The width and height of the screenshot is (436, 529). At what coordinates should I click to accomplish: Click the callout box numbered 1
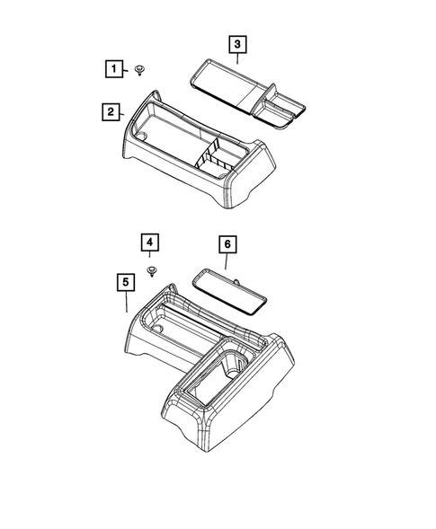coord(113,68)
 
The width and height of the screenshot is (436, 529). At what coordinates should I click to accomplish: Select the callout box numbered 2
coord(110,111)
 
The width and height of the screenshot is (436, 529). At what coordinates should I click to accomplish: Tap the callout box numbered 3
coord(236,43)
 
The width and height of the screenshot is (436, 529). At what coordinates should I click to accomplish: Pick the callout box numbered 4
coord(150,242)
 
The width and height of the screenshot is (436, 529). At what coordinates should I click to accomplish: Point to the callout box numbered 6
coord(227,243)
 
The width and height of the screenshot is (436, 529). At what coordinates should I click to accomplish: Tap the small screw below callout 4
coord(151,269)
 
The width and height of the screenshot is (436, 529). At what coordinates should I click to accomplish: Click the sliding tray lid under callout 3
coord(226,81)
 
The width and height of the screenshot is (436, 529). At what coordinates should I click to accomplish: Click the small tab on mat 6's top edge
coord(236,278)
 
